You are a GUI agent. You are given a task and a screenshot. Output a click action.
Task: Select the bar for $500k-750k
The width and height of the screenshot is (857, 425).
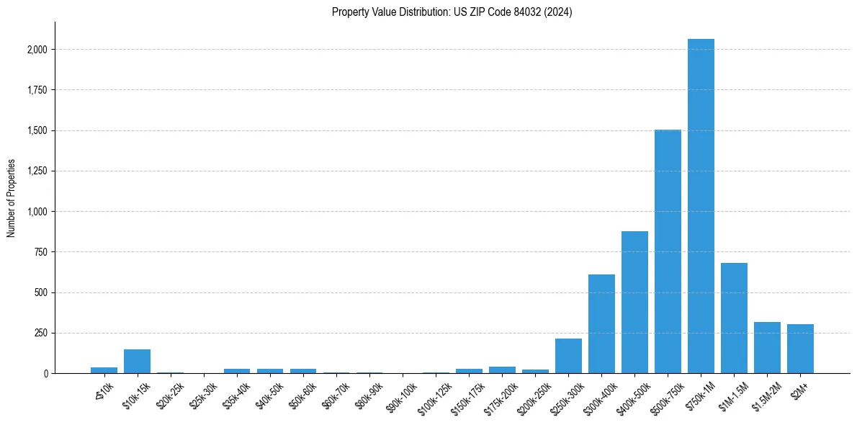click(x=668, y=251)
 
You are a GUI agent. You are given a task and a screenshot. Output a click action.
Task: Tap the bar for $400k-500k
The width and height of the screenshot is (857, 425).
click(x=634, y=303)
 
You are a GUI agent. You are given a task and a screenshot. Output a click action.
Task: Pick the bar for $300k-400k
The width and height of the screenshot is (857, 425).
click(x=601, y=324)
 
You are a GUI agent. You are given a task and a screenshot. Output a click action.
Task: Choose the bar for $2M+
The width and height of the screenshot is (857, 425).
click(x=800, y=349)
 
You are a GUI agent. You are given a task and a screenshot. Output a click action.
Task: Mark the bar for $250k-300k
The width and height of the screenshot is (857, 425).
click(x=568, y=356)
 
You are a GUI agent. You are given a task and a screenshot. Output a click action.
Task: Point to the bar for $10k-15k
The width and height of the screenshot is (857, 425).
click(x=137, y=362)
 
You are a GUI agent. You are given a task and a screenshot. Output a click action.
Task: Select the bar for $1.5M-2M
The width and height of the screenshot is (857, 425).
click(x=767, y=348)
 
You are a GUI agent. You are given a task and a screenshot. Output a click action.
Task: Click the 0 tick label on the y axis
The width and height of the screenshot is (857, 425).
click(x=45, y=374)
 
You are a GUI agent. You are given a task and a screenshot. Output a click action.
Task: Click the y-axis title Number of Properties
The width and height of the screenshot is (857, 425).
click(x=11, y=198)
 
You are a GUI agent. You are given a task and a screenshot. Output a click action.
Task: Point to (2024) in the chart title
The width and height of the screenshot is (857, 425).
click(x=559, y=12)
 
